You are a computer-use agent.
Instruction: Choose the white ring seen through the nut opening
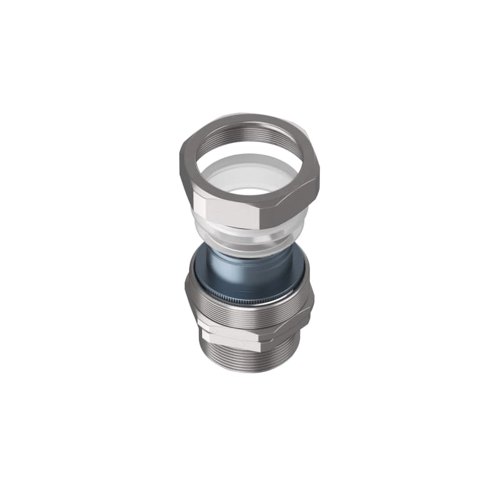point(249,178)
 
